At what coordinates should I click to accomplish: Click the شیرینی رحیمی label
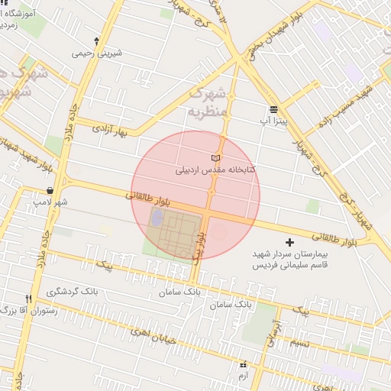(x=96, y=54)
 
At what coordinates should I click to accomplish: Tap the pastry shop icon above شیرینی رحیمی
(x=96, y=40)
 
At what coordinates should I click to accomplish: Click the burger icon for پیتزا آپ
(x=273, y=109)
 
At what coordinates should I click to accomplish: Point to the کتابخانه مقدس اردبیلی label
(x=221, y=170)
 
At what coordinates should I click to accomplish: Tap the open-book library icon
(x=216, y=157)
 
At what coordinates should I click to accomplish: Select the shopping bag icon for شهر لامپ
(x=50, y=190)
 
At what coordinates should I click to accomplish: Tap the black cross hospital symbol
(x=289, y=242)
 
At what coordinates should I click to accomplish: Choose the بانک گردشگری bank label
(x=73, y=291)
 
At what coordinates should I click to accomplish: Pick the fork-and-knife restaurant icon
(x=29, y=298)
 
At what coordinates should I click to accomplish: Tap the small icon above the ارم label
(x=243, y=365)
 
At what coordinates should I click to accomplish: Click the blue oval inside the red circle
(x=157, y=218)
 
